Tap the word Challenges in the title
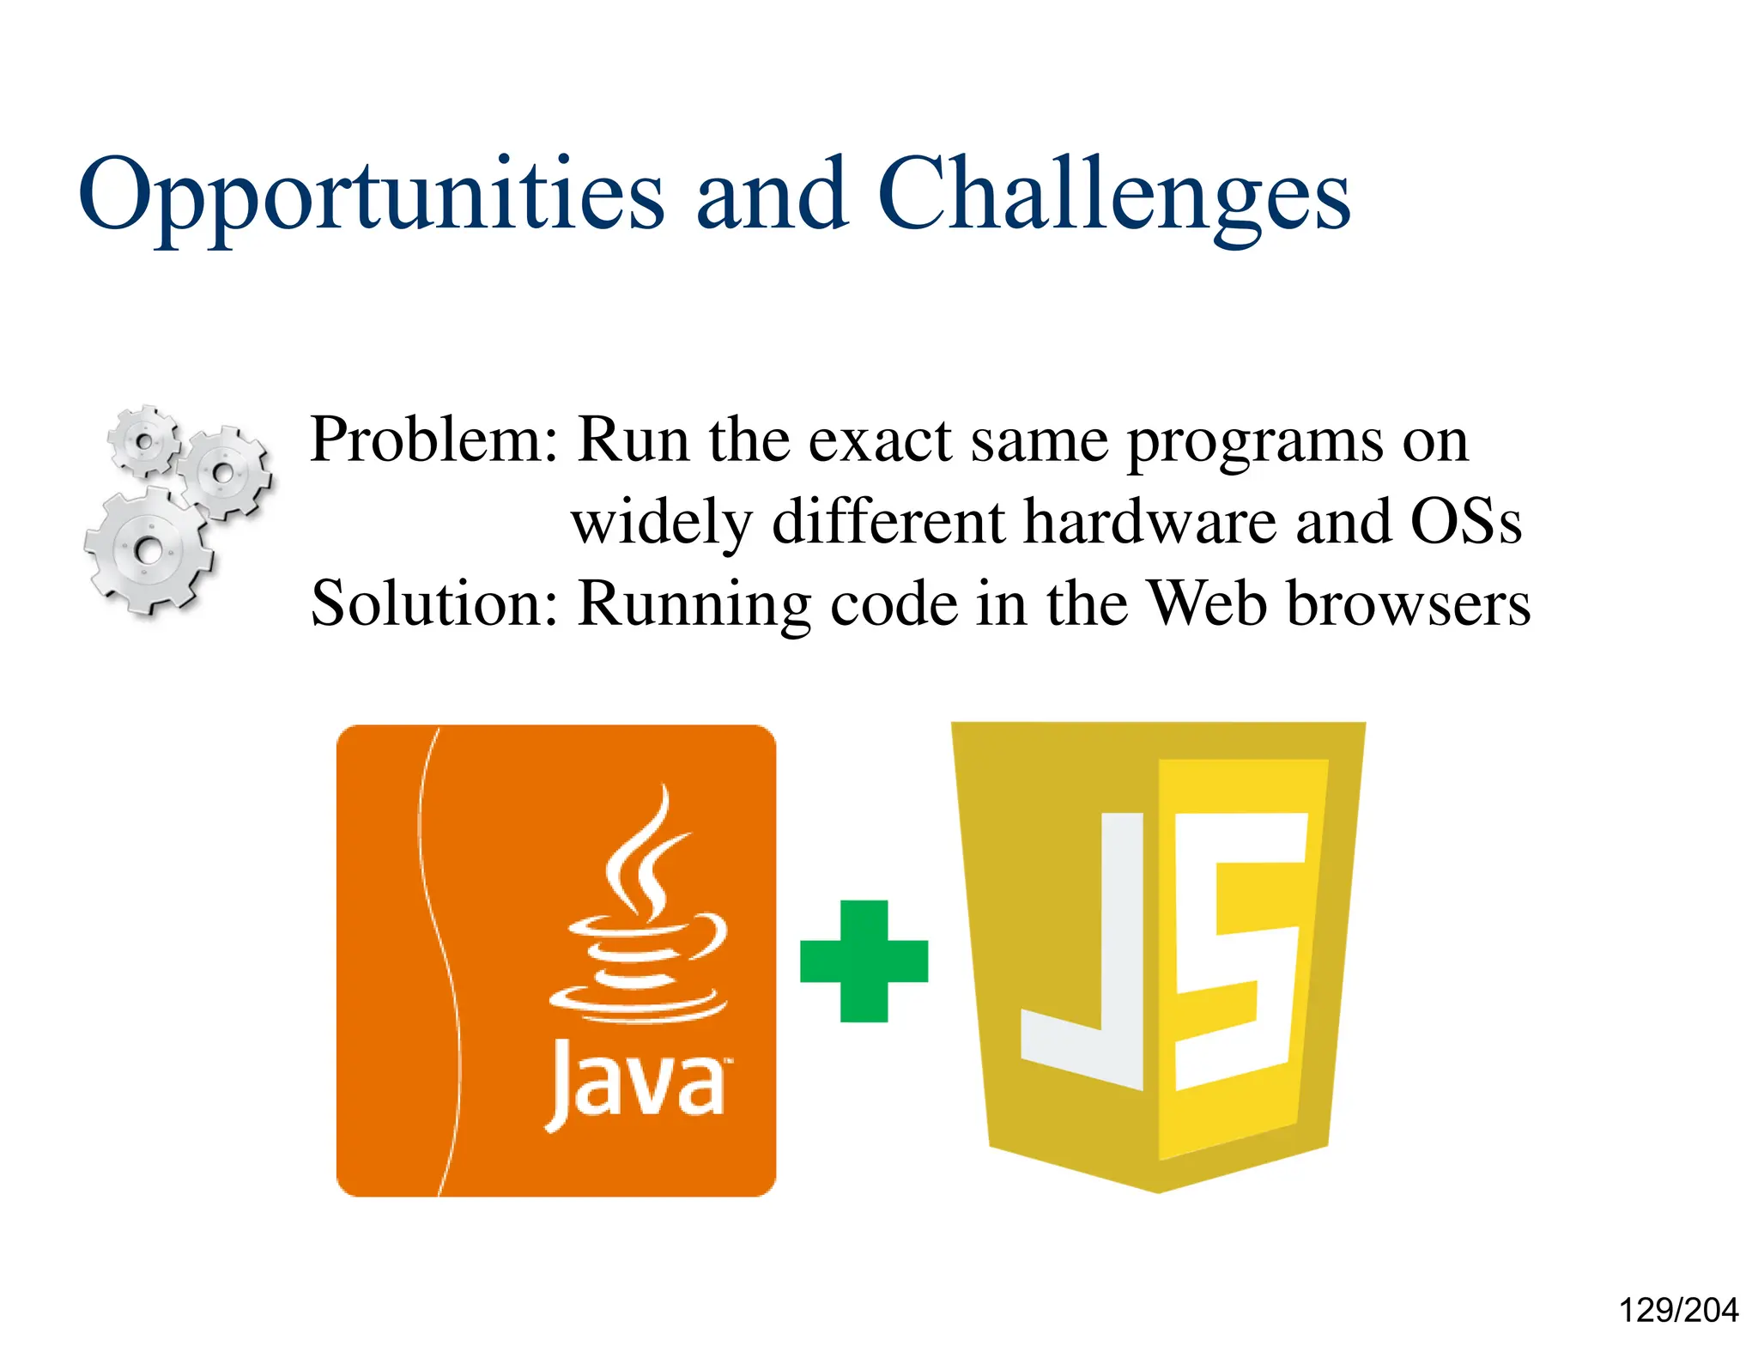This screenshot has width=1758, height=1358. pos(1113,196)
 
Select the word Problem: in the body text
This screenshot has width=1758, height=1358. pos(433,440)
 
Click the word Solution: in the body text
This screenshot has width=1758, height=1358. pos(434,603)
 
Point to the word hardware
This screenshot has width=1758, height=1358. pos(1149,521)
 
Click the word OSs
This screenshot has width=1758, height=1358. pos(1465,521)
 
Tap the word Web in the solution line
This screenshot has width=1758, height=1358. pos(1208,603)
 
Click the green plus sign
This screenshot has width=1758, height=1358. pos(864,961)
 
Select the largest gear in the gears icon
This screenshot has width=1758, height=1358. pos(148,549)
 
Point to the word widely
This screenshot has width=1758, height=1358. pos(661,523)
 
